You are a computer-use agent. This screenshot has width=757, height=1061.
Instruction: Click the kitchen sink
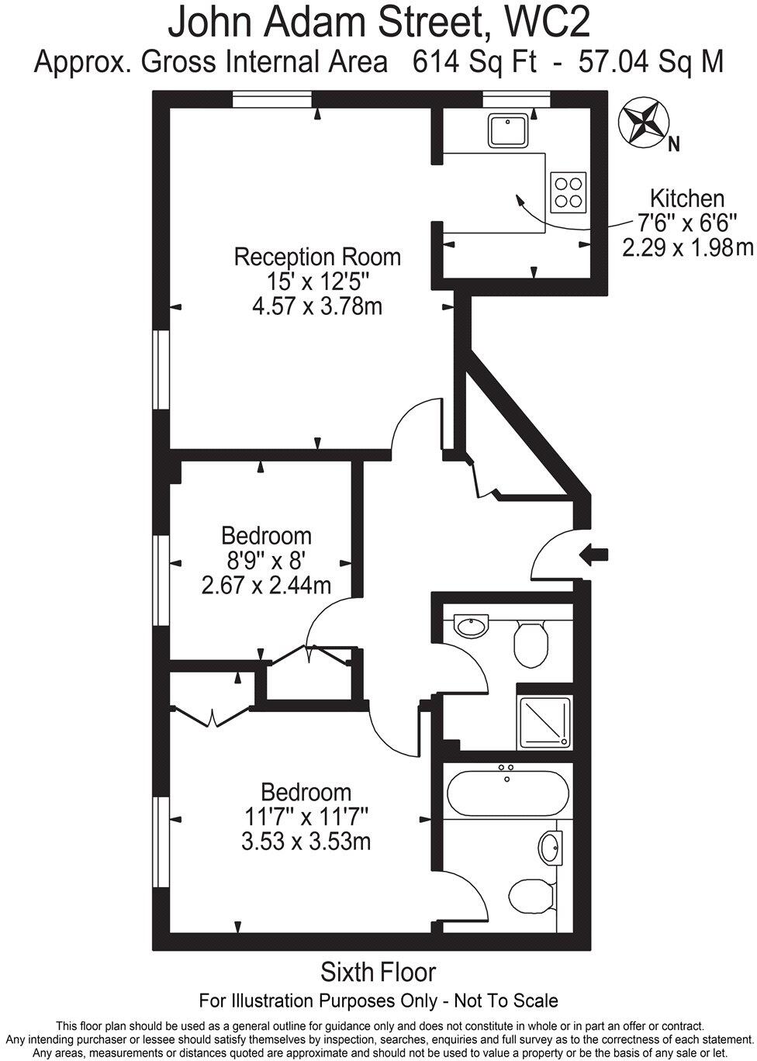pyautogui.click(x=507, y=130)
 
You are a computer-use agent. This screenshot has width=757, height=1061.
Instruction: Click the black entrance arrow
pyautogui.click(x=595, y=554)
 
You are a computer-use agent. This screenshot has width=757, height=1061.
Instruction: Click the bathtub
pyautogui.click(x=507, y=793)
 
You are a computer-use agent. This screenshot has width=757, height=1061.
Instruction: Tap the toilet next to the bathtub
pyautogui.click(x=533, y=898)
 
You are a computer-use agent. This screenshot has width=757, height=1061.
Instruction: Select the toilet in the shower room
pyautogui.click(x=531, y=642)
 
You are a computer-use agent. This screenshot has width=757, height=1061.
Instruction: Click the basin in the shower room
pyautogui.click(x=472, y=625)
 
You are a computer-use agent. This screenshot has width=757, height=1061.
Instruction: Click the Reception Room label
pyautogui.click(x=317, y=257)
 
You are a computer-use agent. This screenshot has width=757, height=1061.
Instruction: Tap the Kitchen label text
pyautogui.click(x=686, y=199)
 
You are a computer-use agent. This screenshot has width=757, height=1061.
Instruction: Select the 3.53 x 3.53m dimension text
pyautogui.click(x=306, y=841)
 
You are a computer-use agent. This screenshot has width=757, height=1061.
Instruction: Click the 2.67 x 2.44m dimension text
pyautogui.click(x=266, y=585)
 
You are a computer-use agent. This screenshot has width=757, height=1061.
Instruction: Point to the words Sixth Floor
pyautogui.click(x=378, y=972)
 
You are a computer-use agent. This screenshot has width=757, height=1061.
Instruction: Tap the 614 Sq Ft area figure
pyautogui.click(x=475, y=61)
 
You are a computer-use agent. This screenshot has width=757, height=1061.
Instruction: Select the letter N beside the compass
pyautogui.click(x=674, y=143)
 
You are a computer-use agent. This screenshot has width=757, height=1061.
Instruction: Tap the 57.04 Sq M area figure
pyautogui.click(x=651, y=61)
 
